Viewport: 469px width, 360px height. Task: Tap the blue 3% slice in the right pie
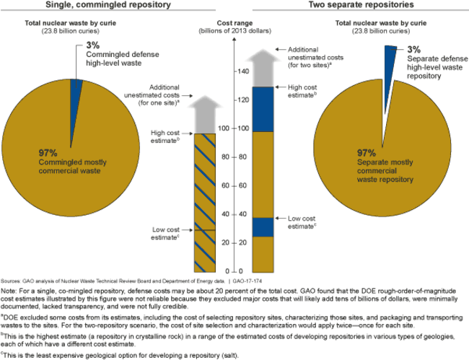click(x=390, y=57)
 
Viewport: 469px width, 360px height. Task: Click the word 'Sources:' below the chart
click(x=11, y=279)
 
